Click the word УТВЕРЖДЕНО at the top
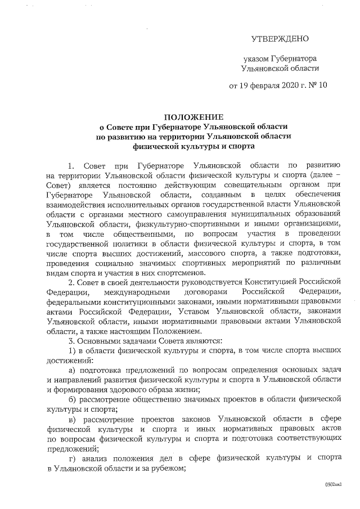[280, 39]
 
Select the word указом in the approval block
[256, 58]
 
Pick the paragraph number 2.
[70, 281]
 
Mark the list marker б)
[71, 399]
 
